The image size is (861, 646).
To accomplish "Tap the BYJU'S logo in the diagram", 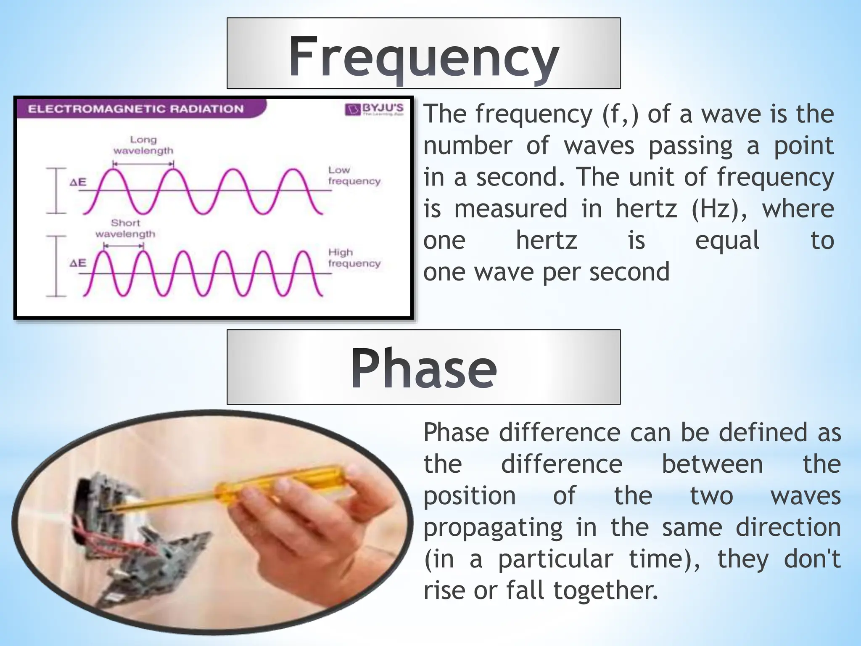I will point(374,109).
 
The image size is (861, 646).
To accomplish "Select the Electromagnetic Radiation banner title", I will point(135,109).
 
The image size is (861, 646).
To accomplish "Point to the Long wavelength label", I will point(143,145).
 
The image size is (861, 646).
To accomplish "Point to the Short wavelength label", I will point(125,228).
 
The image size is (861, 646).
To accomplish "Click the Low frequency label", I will point(354,175).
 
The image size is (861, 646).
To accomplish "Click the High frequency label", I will point(354,258).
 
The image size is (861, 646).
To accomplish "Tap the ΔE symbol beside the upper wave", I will point(78,183).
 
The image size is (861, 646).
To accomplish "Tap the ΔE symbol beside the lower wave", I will point(78,263).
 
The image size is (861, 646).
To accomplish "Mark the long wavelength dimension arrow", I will point(143,164).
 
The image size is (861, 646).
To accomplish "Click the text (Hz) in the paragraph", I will point(719,209).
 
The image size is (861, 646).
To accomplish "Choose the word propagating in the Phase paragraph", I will point(493,527).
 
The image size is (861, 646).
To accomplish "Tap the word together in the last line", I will point(605,590).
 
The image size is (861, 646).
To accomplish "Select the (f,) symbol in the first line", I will point(620,114).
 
